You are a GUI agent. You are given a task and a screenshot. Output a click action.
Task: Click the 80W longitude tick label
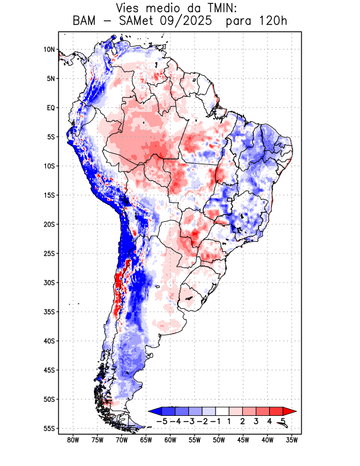(x=73, y=440)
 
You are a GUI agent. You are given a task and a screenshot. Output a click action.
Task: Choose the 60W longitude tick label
(x=170, y=440)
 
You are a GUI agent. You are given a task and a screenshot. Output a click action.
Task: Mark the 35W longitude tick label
(x=292, y=440)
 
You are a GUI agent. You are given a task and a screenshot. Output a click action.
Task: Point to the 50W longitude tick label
(x=219, y=440)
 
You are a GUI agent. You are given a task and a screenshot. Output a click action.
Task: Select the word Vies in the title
(x=130, y=8)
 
